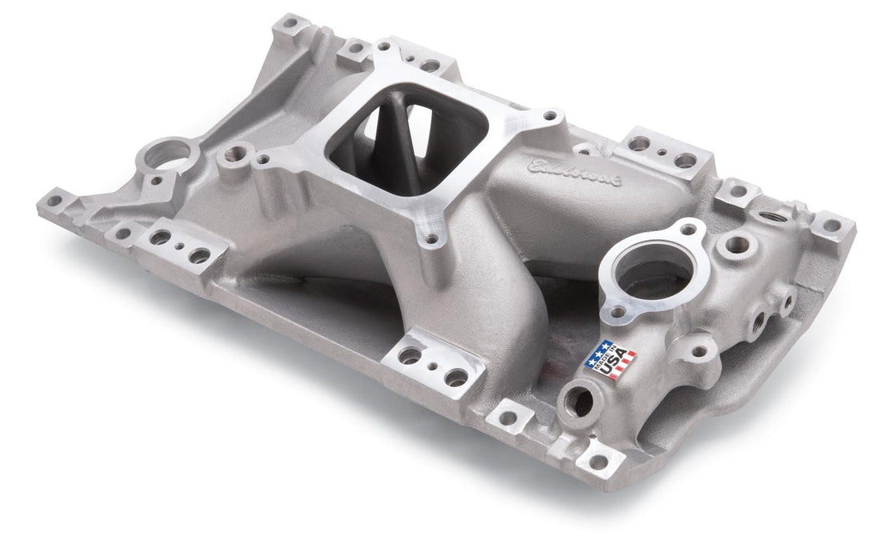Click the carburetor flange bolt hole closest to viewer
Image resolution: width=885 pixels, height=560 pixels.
pyautogui.click(x=432, y=238)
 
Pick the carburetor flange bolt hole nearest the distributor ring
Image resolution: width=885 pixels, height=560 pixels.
pyautogui.click(x=262, y=160)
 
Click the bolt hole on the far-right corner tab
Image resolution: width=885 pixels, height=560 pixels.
pyautogui.click(x=832, y=226)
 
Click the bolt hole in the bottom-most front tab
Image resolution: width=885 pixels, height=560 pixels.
pyautogui.click(x=598, y=462)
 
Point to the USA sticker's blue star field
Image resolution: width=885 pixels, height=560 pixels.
pyautogui.click(x=599, y=350)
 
